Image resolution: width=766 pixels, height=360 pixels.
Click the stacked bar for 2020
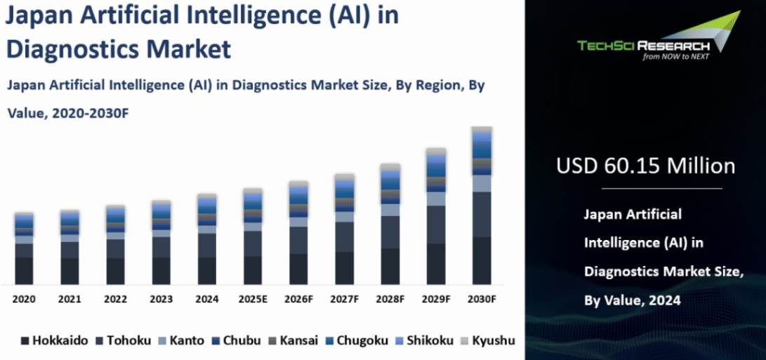[24, 248]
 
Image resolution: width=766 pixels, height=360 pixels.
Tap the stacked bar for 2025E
[253, 236]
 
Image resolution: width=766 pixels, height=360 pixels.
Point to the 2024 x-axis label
[206, 299]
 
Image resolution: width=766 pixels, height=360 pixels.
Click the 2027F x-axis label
[344, 299]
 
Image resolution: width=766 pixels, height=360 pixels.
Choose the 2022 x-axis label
[115, 299]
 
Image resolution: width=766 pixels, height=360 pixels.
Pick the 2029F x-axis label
[436, 299]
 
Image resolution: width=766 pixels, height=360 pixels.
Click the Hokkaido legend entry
[54, 341]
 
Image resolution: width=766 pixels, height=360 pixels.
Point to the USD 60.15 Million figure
[645, 166]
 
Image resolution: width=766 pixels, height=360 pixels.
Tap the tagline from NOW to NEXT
[676, 58]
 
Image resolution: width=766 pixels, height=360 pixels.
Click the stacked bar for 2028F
[390, 224]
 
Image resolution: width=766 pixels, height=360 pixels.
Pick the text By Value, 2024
[632, 300]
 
